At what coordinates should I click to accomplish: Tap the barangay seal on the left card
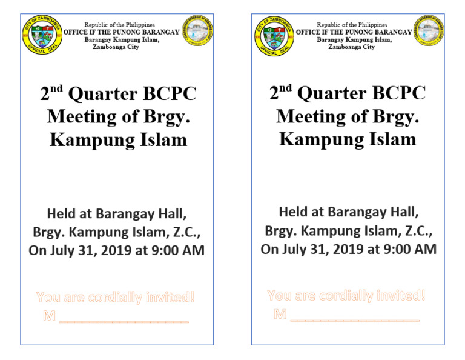197,31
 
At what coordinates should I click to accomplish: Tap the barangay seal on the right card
429,31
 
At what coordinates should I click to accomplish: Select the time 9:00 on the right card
397,249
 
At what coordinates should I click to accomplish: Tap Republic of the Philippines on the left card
119,25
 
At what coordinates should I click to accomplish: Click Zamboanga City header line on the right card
351,47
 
